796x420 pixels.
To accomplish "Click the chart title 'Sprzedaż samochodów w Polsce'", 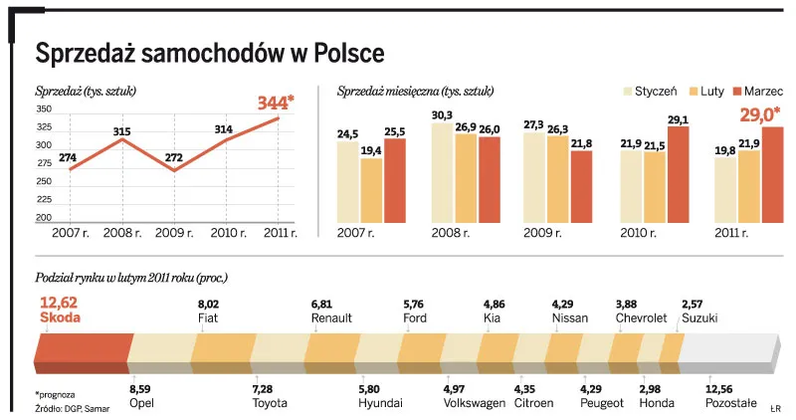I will [209, 52].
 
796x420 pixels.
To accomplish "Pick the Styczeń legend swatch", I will [631, 91].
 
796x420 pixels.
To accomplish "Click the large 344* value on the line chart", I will [275, 103].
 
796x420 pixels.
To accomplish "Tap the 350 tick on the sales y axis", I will [44, 109].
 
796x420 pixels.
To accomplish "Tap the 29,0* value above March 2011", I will [759, 114].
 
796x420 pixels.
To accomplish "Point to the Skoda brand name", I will [60, 319].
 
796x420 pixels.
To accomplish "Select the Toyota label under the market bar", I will [269, 403].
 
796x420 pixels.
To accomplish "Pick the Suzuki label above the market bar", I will [700, 318].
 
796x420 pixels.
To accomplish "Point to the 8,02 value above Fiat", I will [209, 304].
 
